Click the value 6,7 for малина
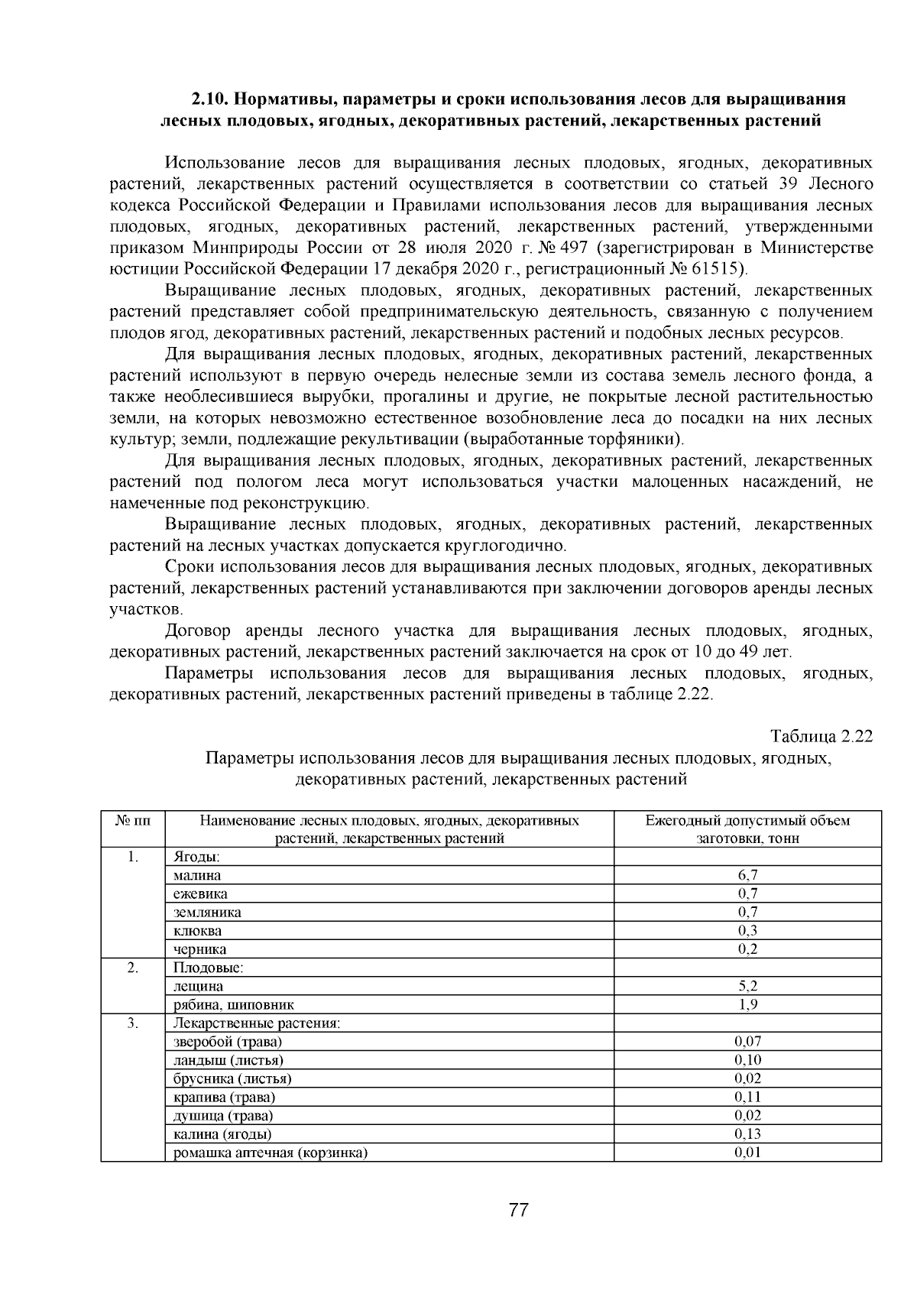(747, 875)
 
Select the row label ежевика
(200, 893)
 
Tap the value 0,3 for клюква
(747, 930)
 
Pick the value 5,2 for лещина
(747, 986)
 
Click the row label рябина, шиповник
(234, 1004)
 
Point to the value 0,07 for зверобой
(747, 1041)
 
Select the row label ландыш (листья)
(228, 1060)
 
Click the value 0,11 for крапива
(747, 1097)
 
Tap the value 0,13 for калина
(747, 1133)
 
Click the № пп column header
(133, 821)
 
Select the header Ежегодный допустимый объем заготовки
(747, 829)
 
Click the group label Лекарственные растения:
(257, 1023)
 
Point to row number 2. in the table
(133, 968)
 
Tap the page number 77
(518, 1211)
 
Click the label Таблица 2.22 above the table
(821, 737)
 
